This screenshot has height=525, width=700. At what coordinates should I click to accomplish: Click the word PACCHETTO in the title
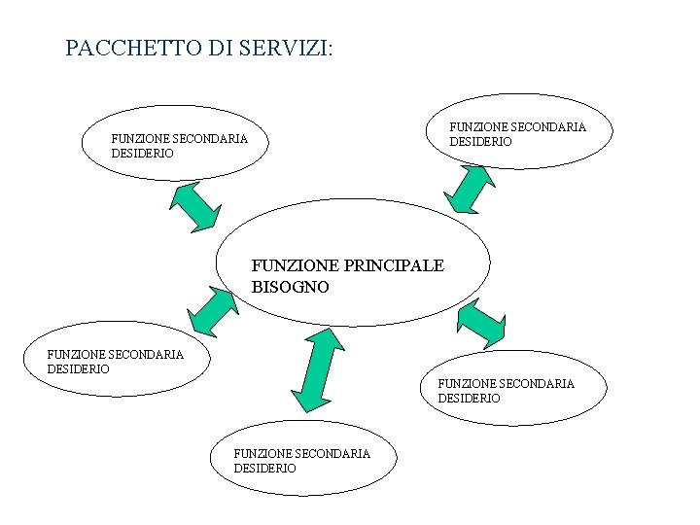click(x=122, y=48)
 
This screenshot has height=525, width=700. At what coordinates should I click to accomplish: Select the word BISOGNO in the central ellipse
click(x=291, y=287)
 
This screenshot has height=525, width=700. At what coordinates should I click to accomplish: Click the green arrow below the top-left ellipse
click(x=195, y=207)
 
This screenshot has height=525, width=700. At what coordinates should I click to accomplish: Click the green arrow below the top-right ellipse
click(x=475, y=188)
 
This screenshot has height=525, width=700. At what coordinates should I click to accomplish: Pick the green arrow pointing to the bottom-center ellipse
click(x=318, y=369)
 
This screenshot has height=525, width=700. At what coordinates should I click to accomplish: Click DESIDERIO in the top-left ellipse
click(x=143, y=154)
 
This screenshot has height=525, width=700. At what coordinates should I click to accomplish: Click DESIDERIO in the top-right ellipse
click(x=480, y=141)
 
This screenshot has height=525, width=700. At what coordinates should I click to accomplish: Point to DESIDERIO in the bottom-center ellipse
click(x=265, y=468)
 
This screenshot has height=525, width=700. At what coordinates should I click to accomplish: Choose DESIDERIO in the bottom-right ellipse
click(x=470, y=398)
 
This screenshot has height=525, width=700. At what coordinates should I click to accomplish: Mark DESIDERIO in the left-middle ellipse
click(x=79, y=368)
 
